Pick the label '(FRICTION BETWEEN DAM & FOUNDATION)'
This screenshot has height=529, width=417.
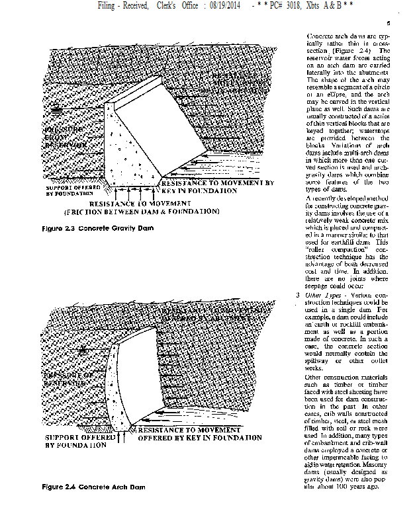pyautogui.click(x=142, y=212)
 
